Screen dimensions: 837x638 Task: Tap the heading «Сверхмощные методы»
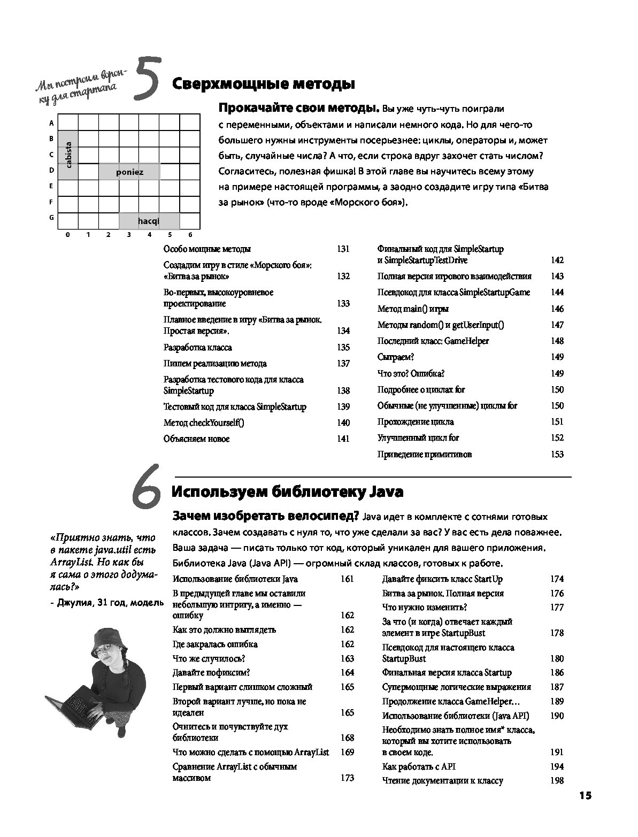tap(263, 84)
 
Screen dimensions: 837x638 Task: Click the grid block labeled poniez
tap(129, 172)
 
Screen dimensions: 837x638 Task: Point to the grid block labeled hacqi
tap(149, 221)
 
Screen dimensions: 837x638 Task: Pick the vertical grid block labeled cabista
tap(68, 155)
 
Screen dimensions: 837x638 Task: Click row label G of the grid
tap(51, 218)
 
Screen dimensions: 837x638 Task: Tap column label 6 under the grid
tap(190, 234)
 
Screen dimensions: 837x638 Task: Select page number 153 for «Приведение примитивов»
tap(557, 454)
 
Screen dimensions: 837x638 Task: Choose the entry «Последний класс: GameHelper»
tap(433, 341)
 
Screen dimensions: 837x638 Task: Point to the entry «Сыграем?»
tap(396, 357)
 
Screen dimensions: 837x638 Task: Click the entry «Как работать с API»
tap(419, 766)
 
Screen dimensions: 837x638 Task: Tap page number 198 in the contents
tap(557, 780)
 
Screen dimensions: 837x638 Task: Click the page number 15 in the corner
tap(585, 795)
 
